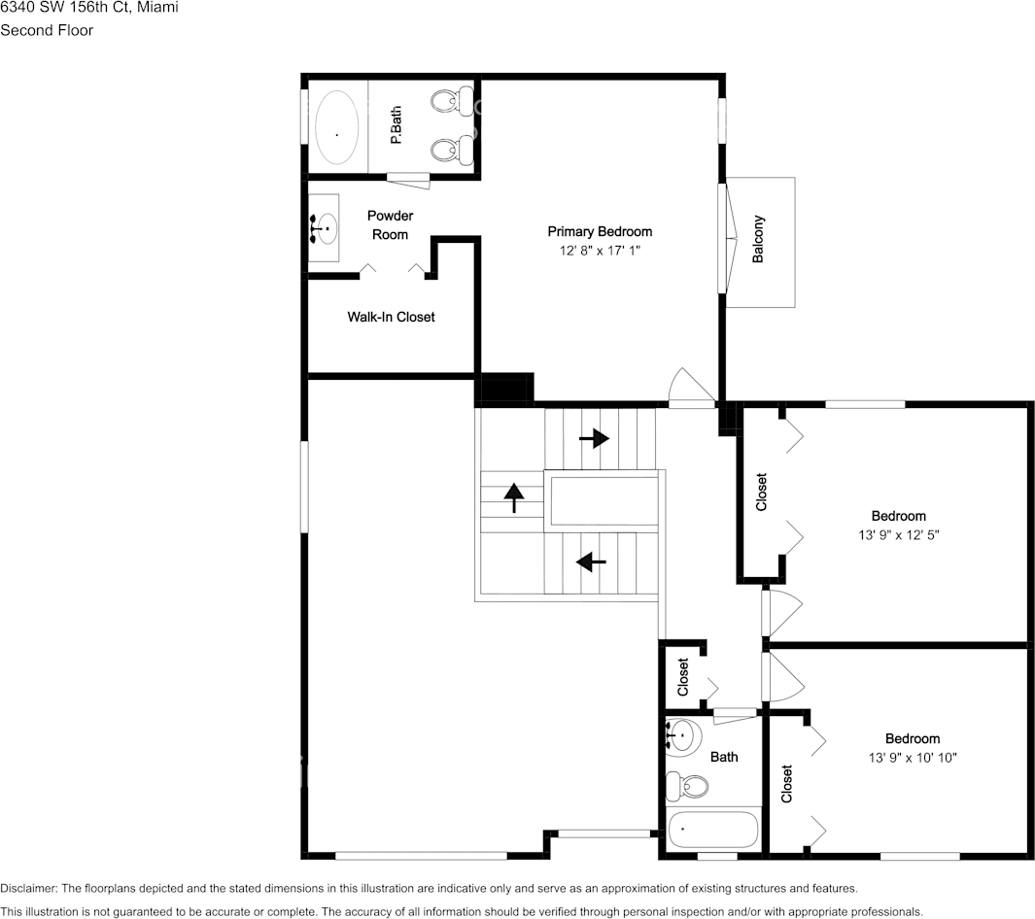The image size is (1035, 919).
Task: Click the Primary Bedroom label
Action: pos(599,231)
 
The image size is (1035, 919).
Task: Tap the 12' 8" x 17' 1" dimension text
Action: pos(599,251)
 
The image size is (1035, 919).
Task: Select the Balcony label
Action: pos(758,239)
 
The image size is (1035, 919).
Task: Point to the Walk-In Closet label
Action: pos(391,317)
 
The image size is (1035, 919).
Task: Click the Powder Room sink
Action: pos(324,228)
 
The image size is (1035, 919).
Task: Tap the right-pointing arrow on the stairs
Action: pos(593,438)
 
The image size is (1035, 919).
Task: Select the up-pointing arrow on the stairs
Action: pos(512,497)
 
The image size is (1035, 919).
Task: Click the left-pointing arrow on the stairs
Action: pos(591,561)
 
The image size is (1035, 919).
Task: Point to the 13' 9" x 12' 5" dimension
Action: pos(897,535)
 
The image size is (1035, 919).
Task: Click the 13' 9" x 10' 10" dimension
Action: pos(912,758)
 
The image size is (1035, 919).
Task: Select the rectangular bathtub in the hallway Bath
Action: pos(712,831)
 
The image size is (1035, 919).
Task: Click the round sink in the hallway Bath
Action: pos(682,735)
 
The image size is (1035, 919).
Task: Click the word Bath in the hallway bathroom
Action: pos(724,757)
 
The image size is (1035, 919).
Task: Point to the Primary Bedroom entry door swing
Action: pos(693,389)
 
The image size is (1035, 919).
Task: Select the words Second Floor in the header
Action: pos(47,30)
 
